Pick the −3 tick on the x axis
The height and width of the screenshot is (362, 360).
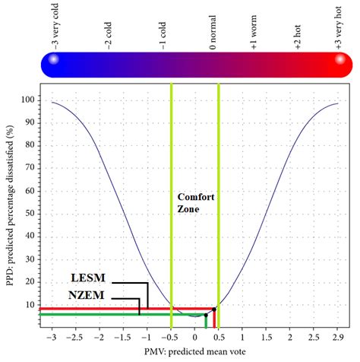pos(52,335)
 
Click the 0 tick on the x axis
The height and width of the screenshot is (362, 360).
pos(195,335)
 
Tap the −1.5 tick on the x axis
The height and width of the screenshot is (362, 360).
pos(122,335)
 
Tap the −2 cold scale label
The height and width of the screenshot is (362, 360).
pos(109,33)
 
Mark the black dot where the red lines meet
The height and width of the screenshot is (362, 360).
pos(214,309)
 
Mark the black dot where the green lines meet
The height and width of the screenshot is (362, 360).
pos(206,314)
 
